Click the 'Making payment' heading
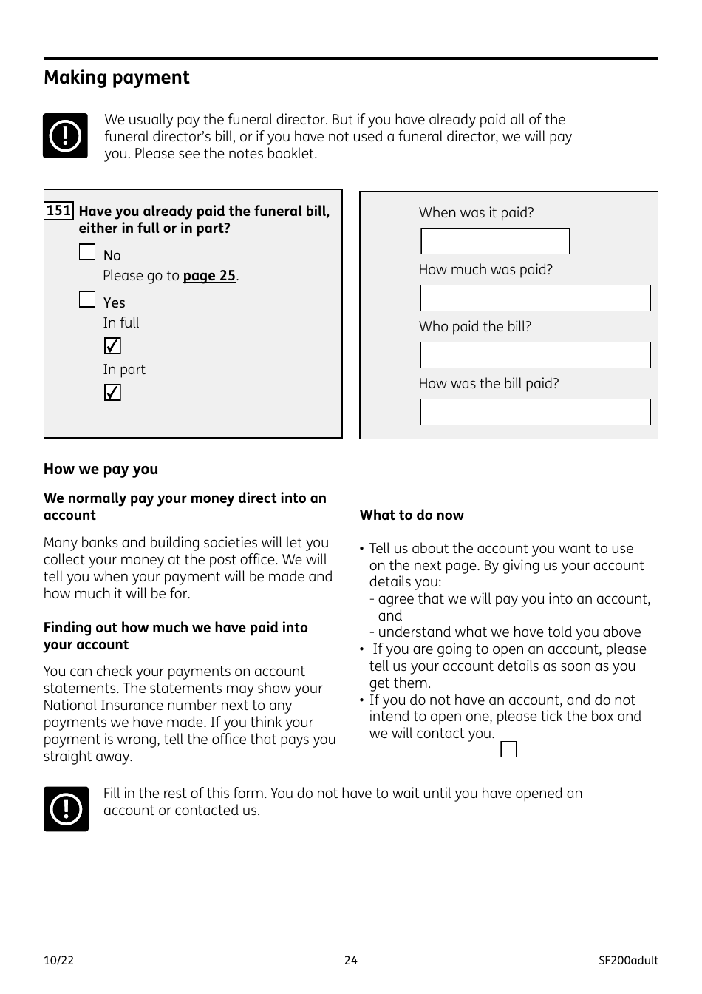117,78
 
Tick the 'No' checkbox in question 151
87,253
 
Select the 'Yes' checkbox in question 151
87,300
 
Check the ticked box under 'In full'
112,346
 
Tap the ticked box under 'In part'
112,393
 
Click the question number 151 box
59,211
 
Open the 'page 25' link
209,276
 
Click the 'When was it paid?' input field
495,241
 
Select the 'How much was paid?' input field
535,298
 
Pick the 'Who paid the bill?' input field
535,355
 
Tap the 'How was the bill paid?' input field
535,412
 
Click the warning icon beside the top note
65,136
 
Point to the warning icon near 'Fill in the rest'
66,809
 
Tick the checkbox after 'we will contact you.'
508,749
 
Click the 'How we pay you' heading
100,469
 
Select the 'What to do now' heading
412,515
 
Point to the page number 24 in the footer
351,961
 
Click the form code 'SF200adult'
628,961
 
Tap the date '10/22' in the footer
59,961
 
